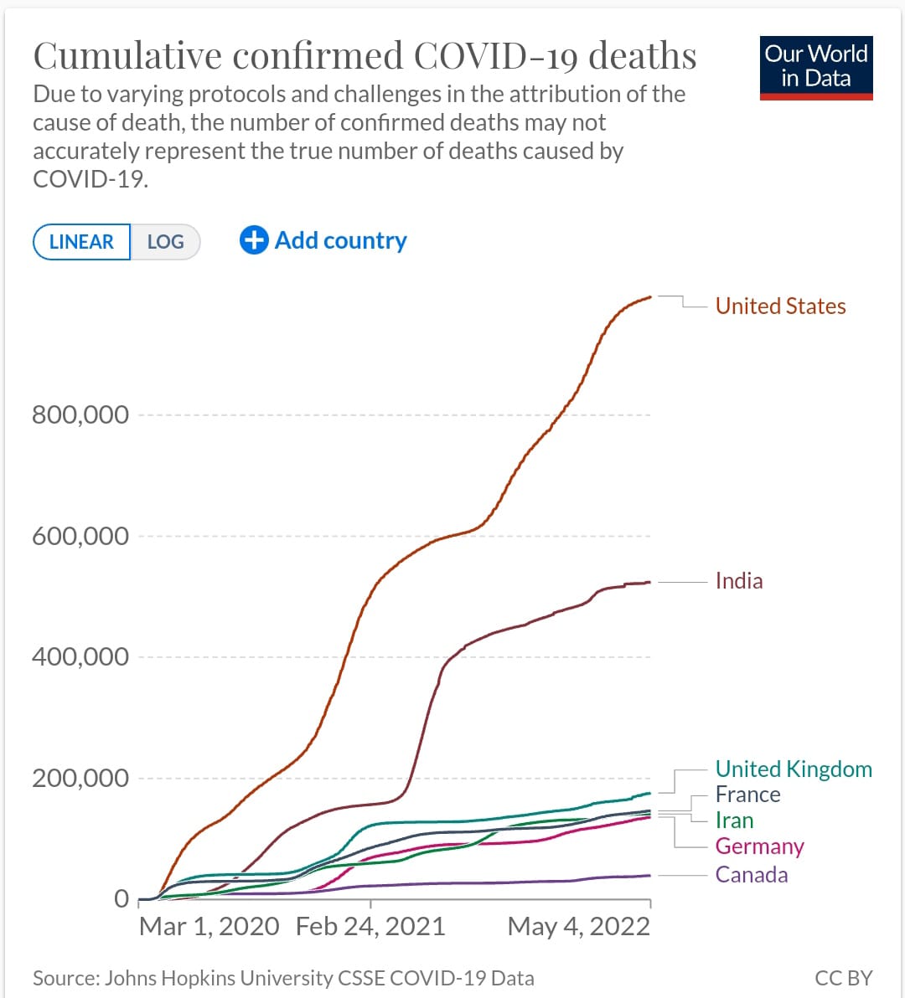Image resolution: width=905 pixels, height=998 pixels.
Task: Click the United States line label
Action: pyautogui.click(x=780, y=306)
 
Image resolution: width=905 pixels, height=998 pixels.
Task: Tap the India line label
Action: pyautogui.click(x=738, y=581)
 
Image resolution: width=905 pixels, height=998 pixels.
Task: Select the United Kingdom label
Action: pyautogui.click(x=793, y=769)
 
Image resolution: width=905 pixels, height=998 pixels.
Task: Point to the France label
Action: pyautogui.click(x=747, y=795)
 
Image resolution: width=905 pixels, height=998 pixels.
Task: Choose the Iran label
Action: pyautogui.click(x=734, y=821)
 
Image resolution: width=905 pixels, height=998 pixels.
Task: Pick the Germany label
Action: pyautogui.click(x=759, y=846)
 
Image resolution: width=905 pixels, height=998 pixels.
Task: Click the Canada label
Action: pyautogui.click(x=751, y=875)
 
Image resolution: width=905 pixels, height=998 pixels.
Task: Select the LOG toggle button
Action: pyautogui.click(x=165, y=242)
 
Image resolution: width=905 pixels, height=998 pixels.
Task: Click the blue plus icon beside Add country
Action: pyautogui.click(x=253, y=240)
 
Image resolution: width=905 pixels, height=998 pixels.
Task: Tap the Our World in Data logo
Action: pyautogui.click(x=815, y=68)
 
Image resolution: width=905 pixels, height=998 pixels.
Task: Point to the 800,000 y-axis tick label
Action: pyautogui.click(x=80, y=414)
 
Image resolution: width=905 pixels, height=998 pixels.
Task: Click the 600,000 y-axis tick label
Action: pyautogui.click(x=80, y=536)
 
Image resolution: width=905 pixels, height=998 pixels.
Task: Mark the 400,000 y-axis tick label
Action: pyautogui.click(x=80, y=656)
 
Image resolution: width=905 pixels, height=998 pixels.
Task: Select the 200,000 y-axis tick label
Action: pyautogui.click(x=80, y=778)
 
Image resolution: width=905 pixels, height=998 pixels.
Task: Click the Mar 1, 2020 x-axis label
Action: pyautogui.click(x=209, y=926)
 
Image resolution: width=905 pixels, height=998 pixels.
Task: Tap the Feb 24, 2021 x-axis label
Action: pyautogui.click(x=370, y=926)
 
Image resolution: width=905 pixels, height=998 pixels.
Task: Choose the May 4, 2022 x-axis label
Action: pyautogui.click(x=578, y=926)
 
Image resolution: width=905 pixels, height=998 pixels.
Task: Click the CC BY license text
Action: pyautogui.click(x=843, y=978)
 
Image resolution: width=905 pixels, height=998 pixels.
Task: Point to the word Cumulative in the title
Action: pyautogui.click(x=127, y=56)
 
